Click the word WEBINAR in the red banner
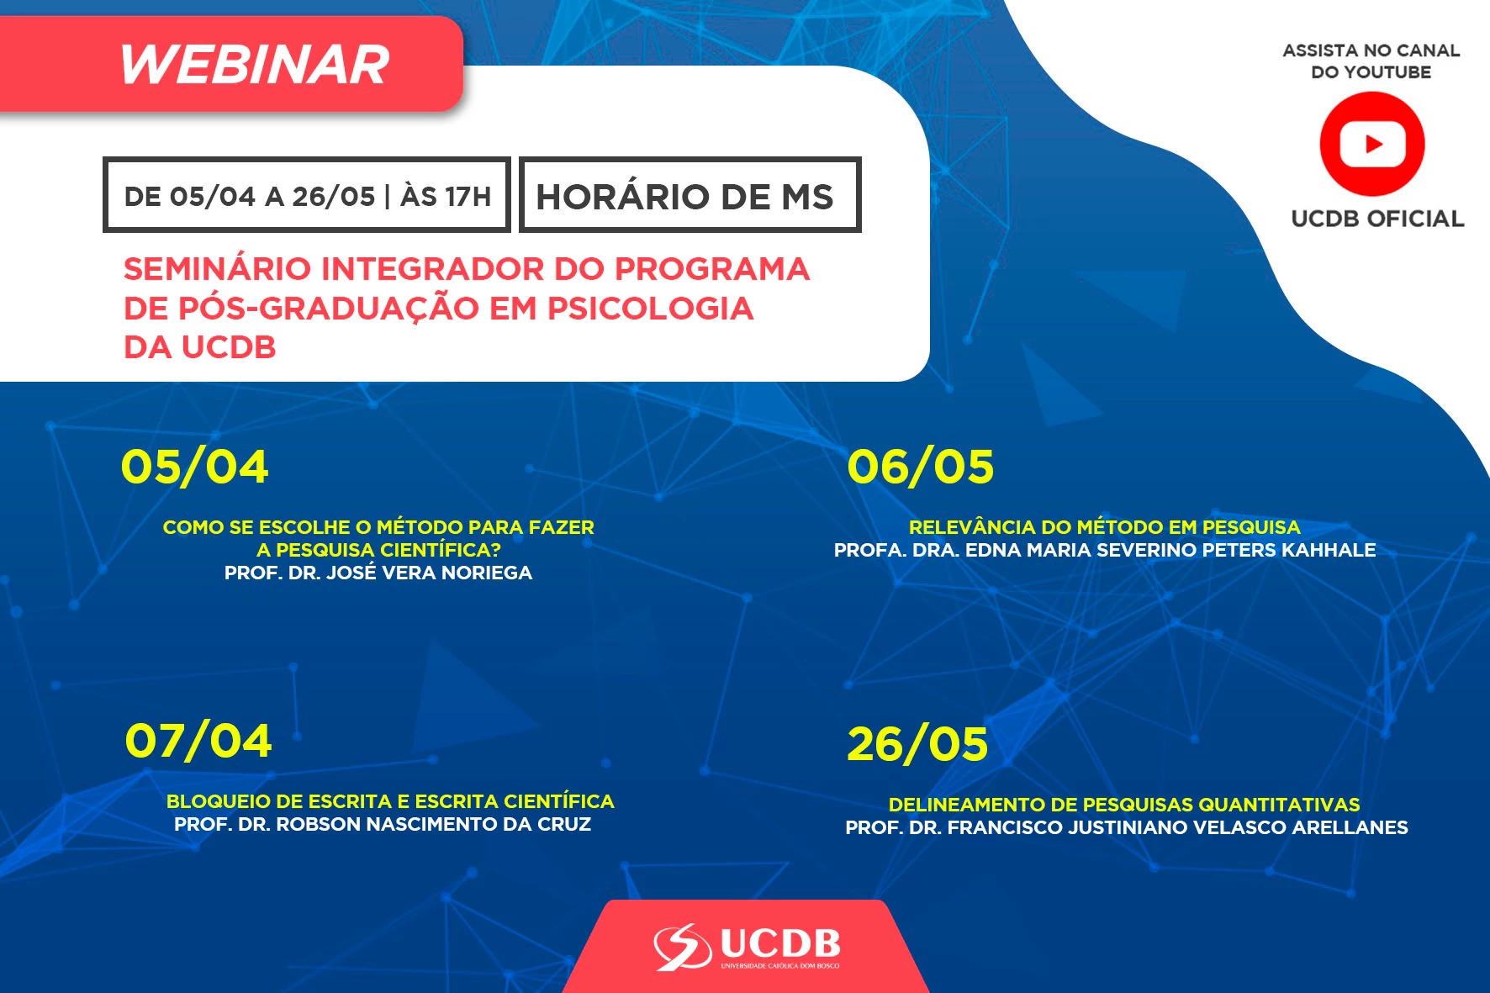255,65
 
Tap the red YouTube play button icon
1372,144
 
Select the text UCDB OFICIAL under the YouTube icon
1377,219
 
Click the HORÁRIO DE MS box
690,194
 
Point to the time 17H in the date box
468,197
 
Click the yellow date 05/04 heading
194,467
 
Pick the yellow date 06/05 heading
920,467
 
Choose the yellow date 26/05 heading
917,745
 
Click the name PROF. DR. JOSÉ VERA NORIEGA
378,573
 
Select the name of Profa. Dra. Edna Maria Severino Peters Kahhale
1105,550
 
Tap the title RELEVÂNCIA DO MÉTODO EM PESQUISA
1105,527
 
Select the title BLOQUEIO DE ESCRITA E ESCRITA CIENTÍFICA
390,801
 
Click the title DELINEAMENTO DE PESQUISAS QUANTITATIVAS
1124,805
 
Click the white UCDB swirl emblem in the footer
683,947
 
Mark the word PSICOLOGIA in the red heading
650,309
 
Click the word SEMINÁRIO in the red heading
217,269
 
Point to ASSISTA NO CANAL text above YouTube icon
1371,50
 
